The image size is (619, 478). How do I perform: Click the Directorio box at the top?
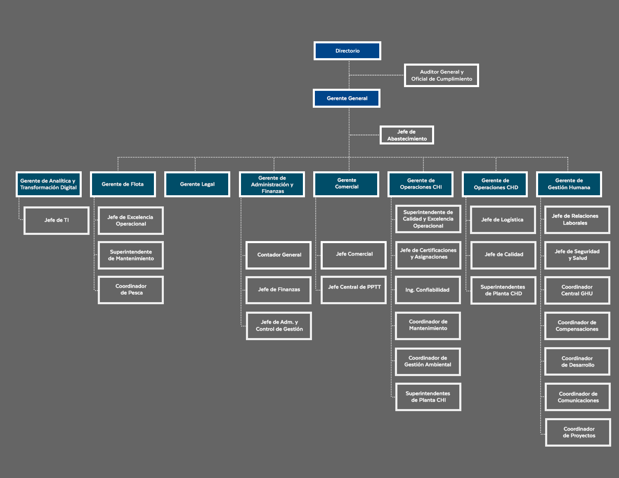[x=347, y=51]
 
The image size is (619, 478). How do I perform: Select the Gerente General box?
[x=347, y=98]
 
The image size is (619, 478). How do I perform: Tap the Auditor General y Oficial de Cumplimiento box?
[x=441, y=75]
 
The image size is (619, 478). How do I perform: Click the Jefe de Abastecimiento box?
[x=406, y=135]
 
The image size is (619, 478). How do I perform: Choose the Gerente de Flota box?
[x=123, y=184]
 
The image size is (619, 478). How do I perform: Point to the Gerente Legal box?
[x=197, y=184]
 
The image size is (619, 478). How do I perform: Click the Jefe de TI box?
[x=57, y=220]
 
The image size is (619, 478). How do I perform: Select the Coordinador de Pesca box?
[x=131, y=290]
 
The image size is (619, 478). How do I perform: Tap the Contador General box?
[x=279, y=255]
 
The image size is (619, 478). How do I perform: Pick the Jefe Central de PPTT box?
[x=354, y=290]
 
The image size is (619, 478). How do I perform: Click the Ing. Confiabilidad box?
[x=428, y=290]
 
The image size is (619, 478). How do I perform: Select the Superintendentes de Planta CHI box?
[x=428, y=397]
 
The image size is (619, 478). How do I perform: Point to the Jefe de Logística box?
[x=503, y=220]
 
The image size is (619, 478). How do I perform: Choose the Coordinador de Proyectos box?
[x=578, y=432]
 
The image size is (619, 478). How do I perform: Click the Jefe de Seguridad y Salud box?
[x=577, y=255]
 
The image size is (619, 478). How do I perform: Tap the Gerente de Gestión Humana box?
[x=569, y=184]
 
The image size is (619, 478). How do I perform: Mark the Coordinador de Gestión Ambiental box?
[x=428, y=362]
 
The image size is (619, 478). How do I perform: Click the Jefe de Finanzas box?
[x=279, y=290]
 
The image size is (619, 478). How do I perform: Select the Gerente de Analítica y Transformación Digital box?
[x=48, y=184]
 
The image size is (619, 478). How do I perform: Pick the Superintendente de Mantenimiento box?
[x=131, y=255]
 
